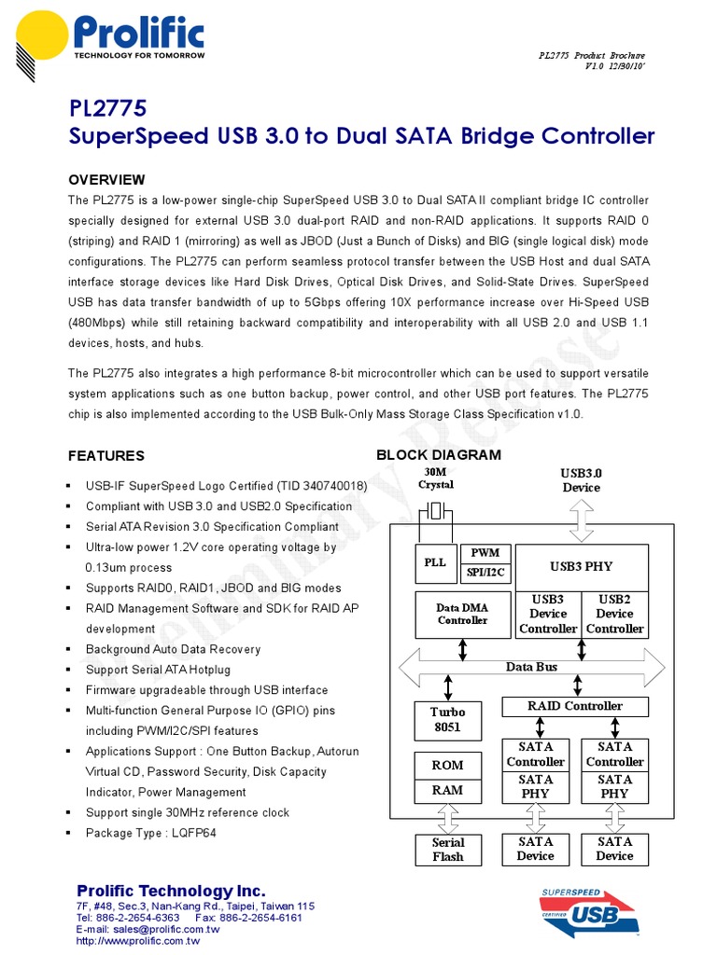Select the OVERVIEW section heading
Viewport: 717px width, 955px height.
tap(106, 179)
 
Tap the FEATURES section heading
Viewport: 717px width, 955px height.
tap(106, 455)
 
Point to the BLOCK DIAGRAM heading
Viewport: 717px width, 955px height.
tap(438, 454)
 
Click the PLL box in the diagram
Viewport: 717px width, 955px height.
tap(435, 562)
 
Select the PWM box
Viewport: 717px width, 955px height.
tap(485, 553)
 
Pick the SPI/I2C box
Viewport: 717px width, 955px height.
tap(485, 572)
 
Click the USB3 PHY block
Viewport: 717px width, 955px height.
tap(582, 565)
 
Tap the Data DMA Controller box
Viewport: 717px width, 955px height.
tap(462, 614)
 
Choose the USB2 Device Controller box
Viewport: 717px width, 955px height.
tap(614, 614)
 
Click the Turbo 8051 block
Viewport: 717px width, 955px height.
tap(447, 720)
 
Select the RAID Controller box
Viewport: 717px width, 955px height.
tap(575, 706)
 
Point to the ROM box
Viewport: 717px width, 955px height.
tap(447, 765)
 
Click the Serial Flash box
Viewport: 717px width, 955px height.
tap(447, 849)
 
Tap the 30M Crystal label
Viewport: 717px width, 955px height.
tap(436, 477)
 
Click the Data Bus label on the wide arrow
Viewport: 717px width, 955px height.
tap(532, 667)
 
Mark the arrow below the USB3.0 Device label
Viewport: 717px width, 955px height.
tap(582, 519)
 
